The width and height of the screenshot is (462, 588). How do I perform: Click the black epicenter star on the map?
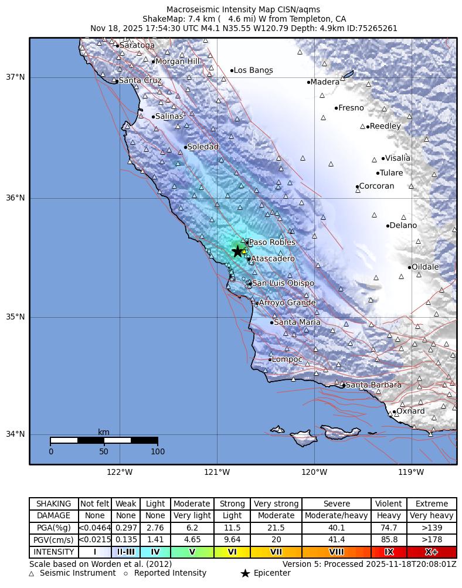click(237, 251)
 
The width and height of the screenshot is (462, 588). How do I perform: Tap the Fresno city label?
click(351, 108)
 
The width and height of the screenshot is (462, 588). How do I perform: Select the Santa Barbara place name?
click(373, 385)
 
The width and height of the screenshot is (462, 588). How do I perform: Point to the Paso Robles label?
click(273, 242)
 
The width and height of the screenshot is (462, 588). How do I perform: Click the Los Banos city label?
click(253, 70)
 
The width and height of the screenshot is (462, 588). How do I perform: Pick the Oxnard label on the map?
click(411, 411)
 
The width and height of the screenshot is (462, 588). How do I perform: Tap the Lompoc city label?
click(287, 359)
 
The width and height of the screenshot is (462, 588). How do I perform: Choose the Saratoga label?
click(137, 45)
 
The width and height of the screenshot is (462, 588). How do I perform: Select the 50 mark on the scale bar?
click(104, 451)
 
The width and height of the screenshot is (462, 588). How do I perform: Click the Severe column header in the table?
click(337, 504)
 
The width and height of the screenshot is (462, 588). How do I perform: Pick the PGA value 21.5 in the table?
click(276, 528)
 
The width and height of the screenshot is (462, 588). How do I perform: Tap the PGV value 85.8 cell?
click(389, 540)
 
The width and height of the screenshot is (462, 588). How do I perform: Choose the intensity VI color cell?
click(232, 552)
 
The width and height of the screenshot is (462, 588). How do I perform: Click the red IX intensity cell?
click(389, 552)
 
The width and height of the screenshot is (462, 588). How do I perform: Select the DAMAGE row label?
click(53, 516)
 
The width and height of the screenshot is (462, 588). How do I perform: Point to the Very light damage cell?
click(192, 516)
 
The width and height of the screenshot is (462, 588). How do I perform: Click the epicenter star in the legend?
click(245, 573)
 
